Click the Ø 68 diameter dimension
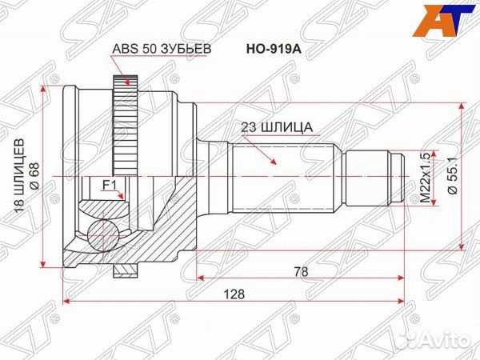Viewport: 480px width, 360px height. pos(34,174)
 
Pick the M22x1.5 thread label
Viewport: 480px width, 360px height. pos(426,174)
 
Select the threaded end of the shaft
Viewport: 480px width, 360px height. pos(393,175)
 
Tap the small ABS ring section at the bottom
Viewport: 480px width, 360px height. pos(123,271)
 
